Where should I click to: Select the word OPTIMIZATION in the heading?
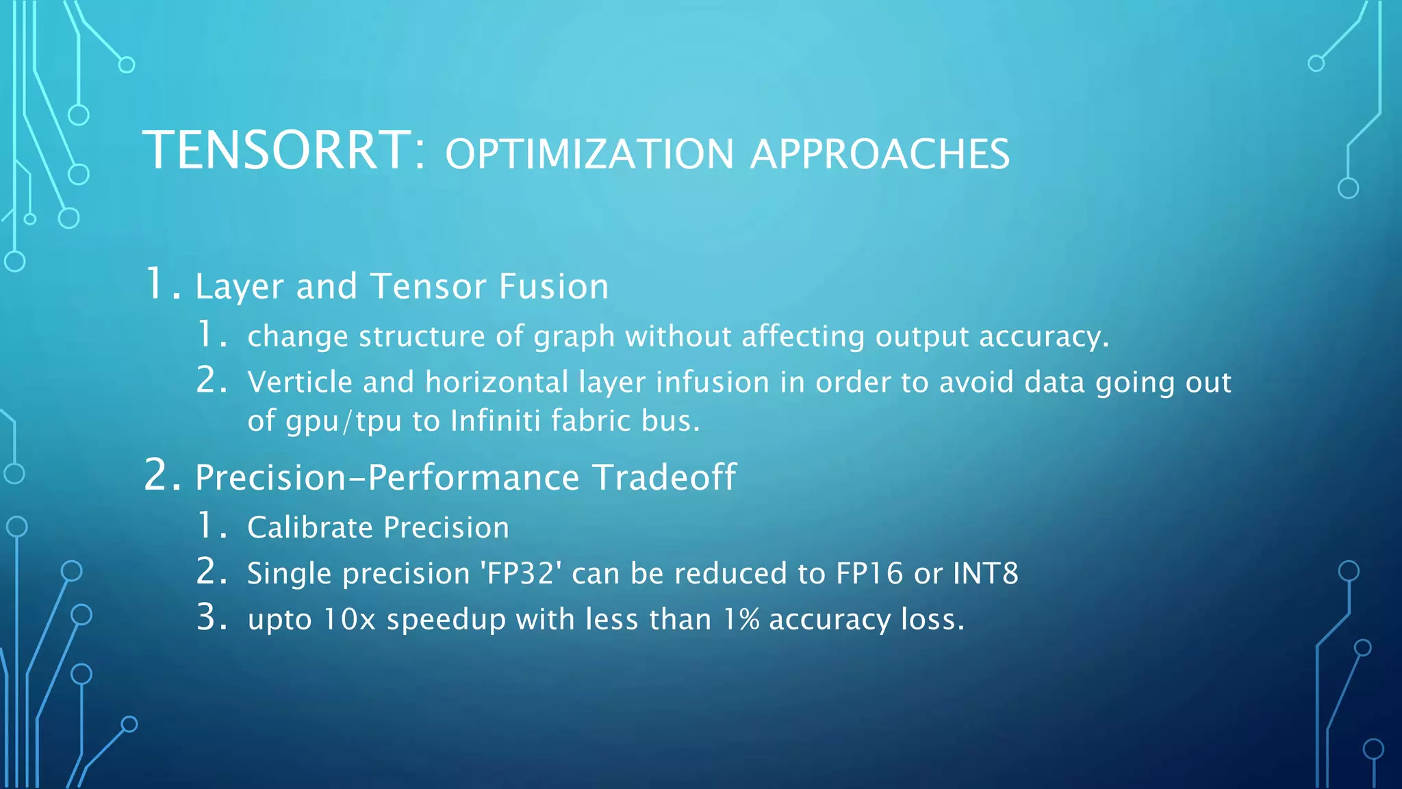pos(589,154)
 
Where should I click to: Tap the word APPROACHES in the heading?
pos(880,154)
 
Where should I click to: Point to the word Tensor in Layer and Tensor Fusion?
pos(428,286)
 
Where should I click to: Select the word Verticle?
pos(300,382)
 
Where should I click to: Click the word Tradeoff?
pos(664,477)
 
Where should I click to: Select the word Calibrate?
pos(310,528)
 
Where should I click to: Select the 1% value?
pos(741,620)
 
